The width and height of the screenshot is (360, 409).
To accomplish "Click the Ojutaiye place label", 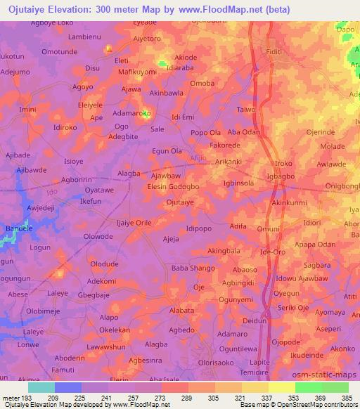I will point(179,202).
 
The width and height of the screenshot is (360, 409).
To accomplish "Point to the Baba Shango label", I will point(192,267).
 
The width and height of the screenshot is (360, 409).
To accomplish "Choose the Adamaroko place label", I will point(132,113).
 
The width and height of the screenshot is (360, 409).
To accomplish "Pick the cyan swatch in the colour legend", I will point(41,387).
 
